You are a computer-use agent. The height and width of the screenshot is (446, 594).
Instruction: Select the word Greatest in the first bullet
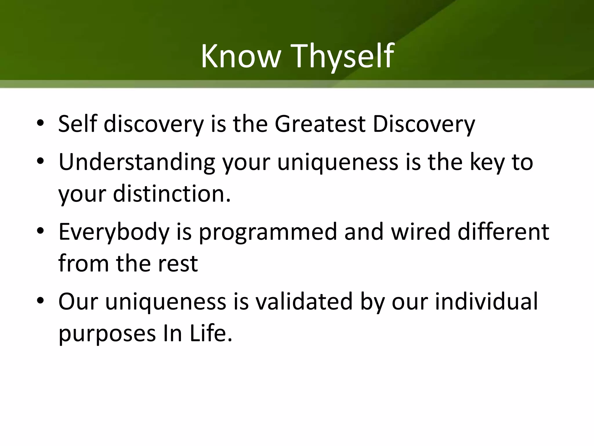pos(320,124)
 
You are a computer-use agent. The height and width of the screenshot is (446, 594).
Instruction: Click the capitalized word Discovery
pos(424,124)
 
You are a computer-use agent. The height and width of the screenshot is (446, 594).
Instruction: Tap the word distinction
pos(171,194)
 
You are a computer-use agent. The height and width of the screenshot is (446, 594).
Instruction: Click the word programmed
pos(268,232)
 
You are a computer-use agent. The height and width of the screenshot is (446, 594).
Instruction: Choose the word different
pos(503,232)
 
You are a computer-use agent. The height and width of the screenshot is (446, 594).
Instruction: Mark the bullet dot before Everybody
pos(40,231)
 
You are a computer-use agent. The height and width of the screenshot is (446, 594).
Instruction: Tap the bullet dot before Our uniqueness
pos(40,301)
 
